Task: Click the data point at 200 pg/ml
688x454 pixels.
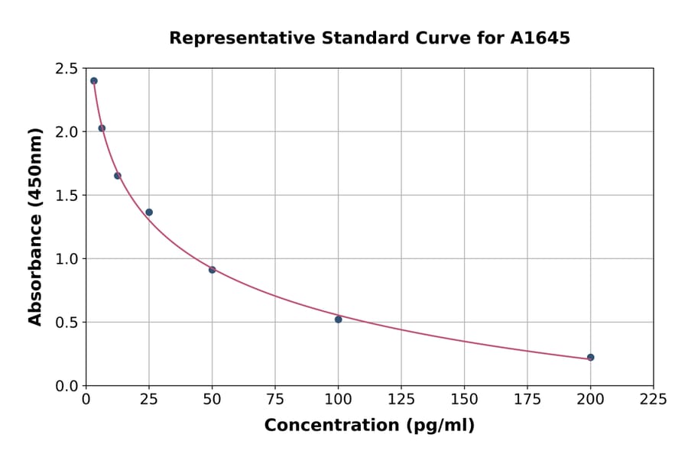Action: (x=590, y=357)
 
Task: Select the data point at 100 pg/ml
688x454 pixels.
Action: (x=338, y=319)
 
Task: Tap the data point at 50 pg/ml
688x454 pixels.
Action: (x=212, y=270)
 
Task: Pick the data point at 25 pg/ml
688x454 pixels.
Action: (x=149, y=212)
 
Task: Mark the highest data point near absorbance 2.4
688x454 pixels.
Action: (x=94, y=81)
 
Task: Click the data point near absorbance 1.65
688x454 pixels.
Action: (x=118, y=176)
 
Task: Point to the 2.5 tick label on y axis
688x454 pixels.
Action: (x=67, y=69)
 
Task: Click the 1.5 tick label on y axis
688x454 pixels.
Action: (x=67, y=196)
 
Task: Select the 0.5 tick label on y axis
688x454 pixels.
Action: (x=67, y=323)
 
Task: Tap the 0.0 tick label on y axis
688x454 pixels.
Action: (x=67, y=386)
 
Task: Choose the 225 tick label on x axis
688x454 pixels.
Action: (x=653, y=400)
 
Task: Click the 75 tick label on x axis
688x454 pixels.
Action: (x=275, y=400)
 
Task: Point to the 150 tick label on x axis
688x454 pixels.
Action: (x=464, y=400)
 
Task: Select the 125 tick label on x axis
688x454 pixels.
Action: (x=401, y=400)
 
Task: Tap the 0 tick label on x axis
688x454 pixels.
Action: (x=86, y=400)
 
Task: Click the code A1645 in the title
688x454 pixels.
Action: (x=540, y=38)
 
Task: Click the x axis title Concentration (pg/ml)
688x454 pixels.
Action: (x=369, y=426)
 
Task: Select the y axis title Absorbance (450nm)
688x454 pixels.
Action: (x=35, y=226)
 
